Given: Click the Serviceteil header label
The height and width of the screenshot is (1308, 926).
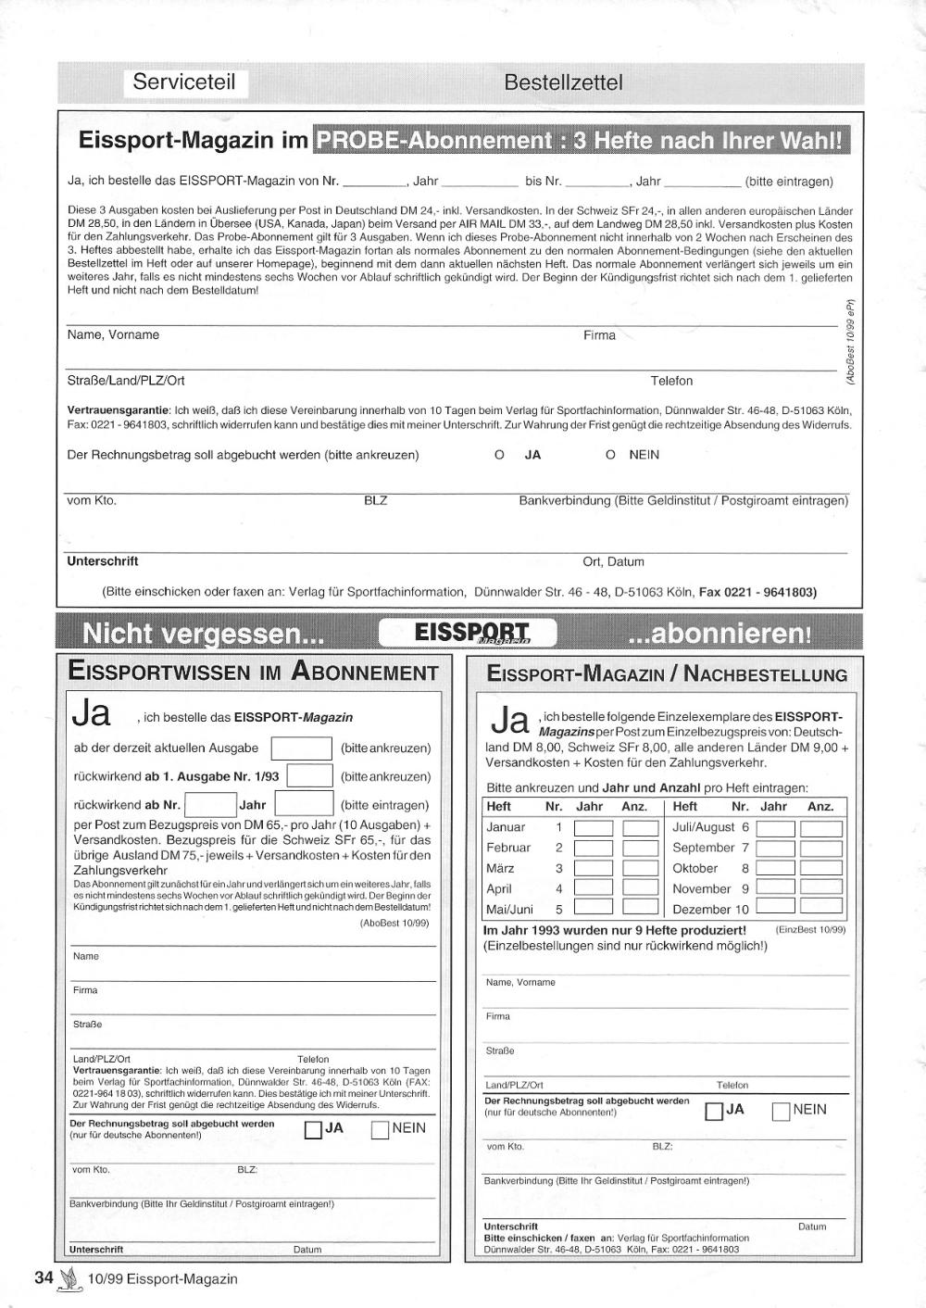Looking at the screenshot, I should click(184, 82).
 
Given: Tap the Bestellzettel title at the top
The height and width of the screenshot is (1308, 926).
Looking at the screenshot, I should click(563, 82).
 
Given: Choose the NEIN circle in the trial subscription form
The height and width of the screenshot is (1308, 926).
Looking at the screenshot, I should click(610, 455).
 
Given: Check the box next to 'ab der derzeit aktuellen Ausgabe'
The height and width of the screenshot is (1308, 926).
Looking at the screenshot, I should click(301, 748).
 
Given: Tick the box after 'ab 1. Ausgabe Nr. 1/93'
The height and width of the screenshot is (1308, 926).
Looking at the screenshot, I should click(309, 776).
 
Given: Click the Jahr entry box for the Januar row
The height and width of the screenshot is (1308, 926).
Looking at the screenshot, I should click(594, 828).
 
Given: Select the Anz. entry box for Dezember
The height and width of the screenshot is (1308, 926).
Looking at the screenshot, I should click(821, 909).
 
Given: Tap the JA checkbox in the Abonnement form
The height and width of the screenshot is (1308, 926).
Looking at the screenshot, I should click(313, 1129).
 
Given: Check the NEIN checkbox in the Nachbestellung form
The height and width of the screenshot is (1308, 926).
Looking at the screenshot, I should click(781, 1111).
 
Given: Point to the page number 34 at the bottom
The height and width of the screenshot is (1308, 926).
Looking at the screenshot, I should click(44, 1278).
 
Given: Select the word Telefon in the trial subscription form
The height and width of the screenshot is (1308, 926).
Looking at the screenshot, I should click(671, 381).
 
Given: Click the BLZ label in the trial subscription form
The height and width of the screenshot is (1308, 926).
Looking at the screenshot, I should click(375, 501).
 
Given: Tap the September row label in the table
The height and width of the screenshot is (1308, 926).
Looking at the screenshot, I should click(703, 848).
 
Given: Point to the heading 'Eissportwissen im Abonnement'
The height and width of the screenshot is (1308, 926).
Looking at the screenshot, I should click(253, 673).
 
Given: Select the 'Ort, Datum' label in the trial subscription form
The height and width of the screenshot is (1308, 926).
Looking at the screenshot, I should click(613, 561).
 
